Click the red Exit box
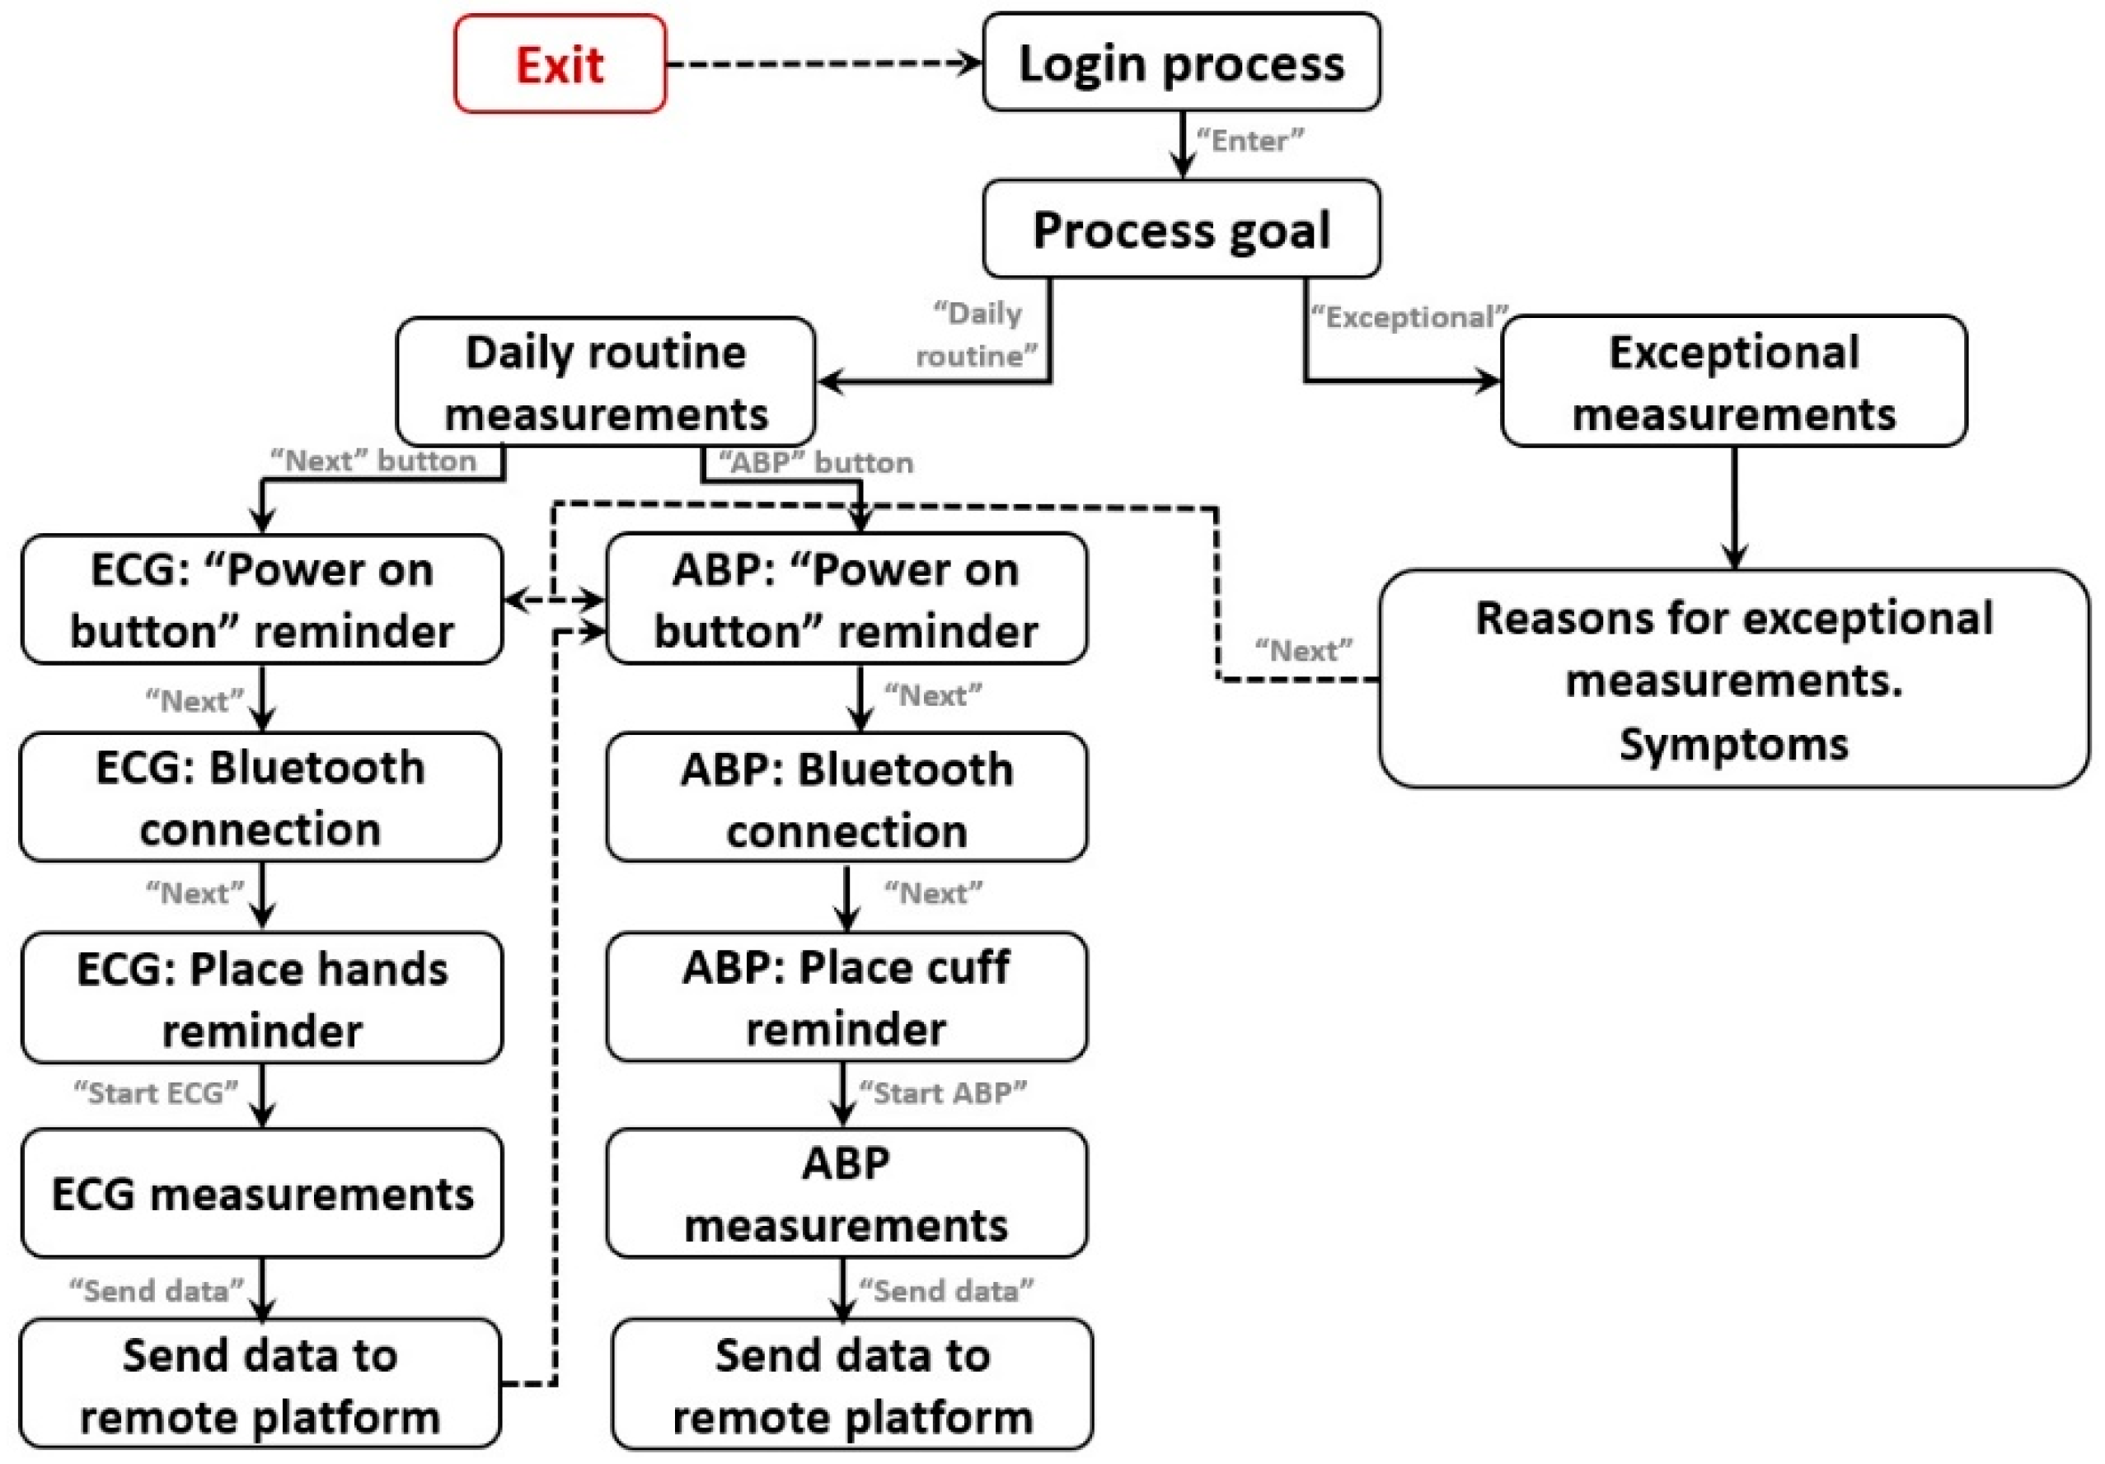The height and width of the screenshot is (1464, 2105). (x=560, y=64)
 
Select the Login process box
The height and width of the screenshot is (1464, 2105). (x=1181, y=63)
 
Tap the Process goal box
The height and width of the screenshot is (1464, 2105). (x=1181, y=229)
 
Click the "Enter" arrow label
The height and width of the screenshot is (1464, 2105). (x=1249, y=141)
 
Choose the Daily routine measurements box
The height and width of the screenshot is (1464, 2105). (x=605, y=382)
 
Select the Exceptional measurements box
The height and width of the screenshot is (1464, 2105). (x=1732, y=382)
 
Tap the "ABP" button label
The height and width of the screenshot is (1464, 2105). (x=815, y=463)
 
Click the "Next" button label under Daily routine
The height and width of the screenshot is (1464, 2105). (x=373, y=461)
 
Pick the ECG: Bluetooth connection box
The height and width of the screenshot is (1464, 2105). (x=260, y=797)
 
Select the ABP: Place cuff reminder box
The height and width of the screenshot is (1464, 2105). (x=846, y=998)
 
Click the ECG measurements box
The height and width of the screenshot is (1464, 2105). (x=261, y=1194)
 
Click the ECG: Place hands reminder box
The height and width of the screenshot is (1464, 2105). (x=261, y=999)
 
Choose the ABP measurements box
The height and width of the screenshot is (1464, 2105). (x=846, y=1194)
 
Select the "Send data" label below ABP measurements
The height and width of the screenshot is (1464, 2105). (x=945, y=1292)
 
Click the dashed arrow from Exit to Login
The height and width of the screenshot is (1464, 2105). (x=823, y=64)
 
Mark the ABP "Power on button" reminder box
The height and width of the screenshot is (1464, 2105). (x=846, y=600)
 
